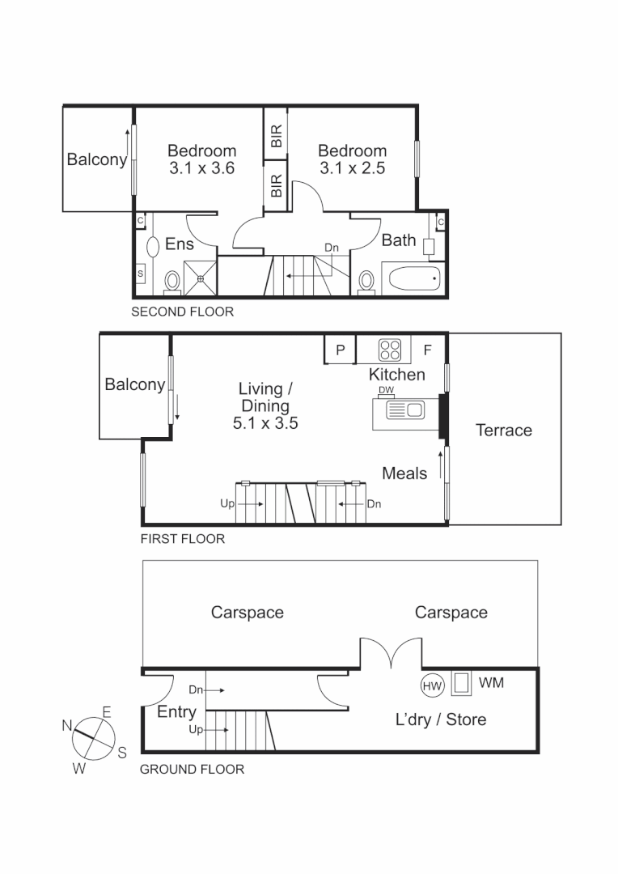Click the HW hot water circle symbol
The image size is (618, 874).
click(x=433, y=685)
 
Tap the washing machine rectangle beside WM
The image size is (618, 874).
click(x=462, y=684)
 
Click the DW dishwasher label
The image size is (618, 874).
click(x=386, y=391)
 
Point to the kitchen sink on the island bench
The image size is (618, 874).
click(x=405, y=410)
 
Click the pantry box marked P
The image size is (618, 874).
click(x=341, y=350)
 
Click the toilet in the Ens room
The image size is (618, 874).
click(x=171, y=282)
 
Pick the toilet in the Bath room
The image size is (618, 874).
click(x=367, y=281)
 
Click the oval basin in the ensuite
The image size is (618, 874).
click(x=151, y=246)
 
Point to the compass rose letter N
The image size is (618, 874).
click(x=66, y=725)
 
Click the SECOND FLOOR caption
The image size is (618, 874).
click(x=182, y=312)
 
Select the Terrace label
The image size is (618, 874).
click(x=503, y=431)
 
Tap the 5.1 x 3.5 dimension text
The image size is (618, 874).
click(x=265, y=422)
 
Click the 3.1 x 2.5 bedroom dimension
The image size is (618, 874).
click(x=352, y=168)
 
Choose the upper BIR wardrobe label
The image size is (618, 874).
click(x=276, y=136)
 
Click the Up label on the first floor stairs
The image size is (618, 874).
click(x=226, y=503)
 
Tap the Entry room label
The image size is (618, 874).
click(x=176, y=712)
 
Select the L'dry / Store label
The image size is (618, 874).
click(x=440, y=719)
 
